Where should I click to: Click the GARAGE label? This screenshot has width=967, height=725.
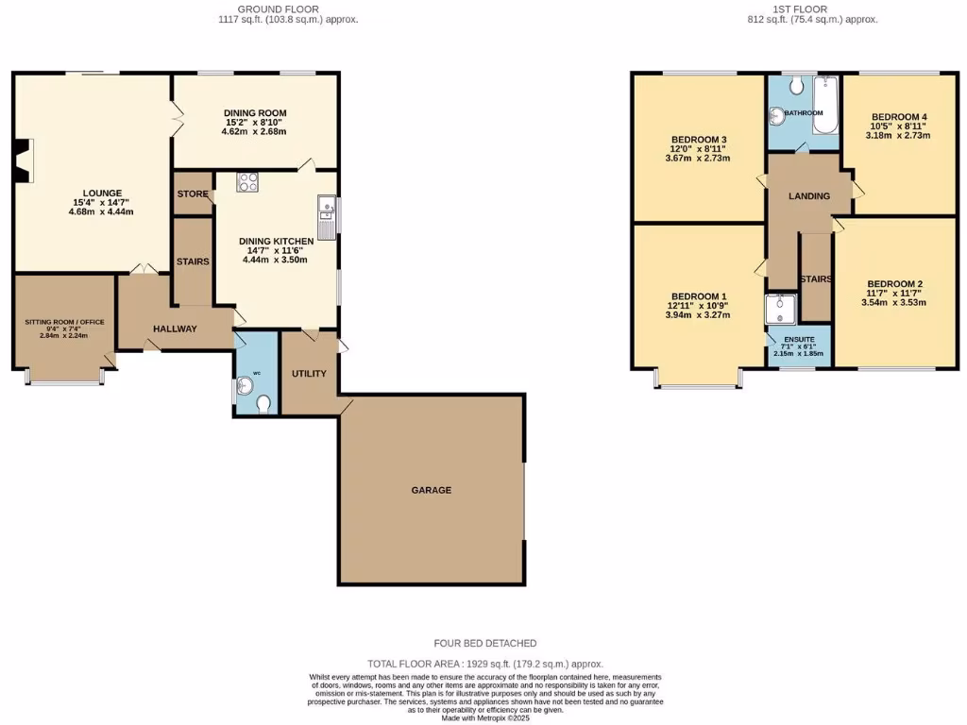pyautogui.click(x=431, y=490)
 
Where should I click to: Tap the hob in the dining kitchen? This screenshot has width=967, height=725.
pyautogui.click(x=247, y=181)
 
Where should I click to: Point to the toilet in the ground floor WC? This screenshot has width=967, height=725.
pyautogui.click(x=263, y=403)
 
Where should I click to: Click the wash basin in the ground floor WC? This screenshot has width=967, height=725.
pyautogui.click(x=246, y=385)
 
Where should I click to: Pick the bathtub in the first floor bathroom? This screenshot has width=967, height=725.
pyautogui.click(x=825, y=106)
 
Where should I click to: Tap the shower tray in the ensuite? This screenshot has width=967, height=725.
pyautogui.click(x=781, y=307)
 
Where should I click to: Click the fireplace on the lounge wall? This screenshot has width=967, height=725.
pyautogui.click(x=22, y=160)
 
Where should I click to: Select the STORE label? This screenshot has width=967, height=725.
pyautogui.click(x=193, y=194)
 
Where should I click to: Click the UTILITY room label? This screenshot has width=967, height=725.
pyautogui.click(x=309, y=374)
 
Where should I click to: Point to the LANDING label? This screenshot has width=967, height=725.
pyautogui.click(x=809, y=196)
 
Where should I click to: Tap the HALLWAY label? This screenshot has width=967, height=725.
pyautogui.click(x=175, y=329)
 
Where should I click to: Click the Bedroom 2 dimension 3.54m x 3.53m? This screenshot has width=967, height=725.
pyautogui.click(x=895, y=303)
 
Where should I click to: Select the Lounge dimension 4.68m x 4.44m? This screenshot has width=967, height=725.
pyautogui.click(x=101, y=211)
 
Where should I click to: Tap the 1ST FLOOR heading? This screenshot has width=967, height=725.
pyautogui.click(x=799, y=8)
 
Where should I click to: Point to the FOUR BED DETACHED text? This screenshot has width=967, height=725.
pyautogui.click(x=484, y=643)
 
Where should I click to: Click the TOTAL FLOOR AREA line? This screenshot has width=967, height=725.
pyautogui.click(x=484, y=664)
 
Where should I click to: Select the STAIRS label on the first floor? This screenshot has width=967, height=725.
pyautogui.click(x=815, y=279)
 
